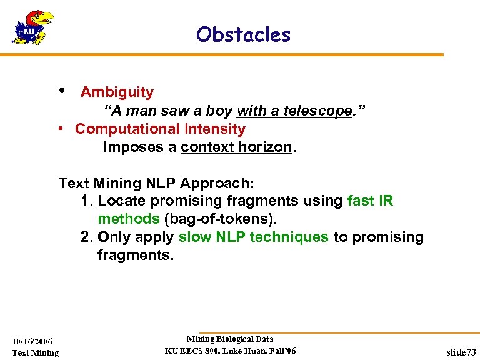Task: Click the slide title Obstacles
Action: [243, 34]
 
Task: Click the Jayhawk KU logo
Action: [33, 28]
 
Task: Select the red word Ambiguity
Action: [117, 92]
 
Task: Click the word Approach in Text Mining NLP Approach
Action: [215, 183]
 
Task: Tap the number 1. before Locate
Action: [87, 201]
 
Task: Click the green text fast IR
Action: [370, 201]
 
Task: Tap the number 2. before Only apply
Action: [87, 237]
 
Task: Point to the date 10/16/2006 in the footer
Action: [32, 341]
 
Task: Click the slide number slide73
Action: [461, 352]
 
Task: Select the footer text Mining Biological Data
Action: [230, 339]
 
